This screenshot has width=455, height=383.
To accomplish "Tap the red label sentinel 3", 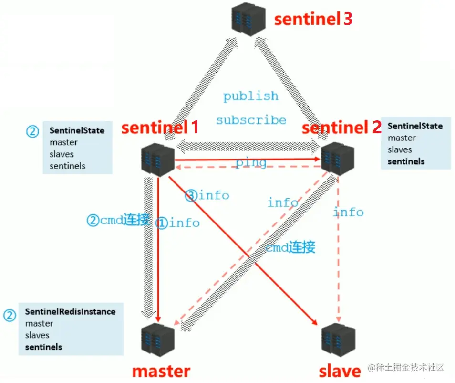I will point(313,19).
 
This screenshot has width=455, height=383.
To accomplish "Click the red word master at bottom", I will point(161,371).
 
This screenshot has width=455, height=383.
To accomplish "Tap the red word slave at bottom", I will point(340,371).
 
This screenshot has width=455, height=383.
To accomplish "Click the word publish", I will point(251,96).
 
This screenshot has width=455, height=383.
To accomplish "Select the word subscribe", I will point(251,120).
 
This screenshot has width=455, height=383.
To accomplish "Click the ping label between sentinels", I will point(251,163).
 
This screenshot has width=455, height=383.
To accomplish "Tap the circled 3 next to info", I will point(191,195).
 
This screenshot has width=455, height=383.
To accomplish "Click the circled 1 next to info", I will point(162,223).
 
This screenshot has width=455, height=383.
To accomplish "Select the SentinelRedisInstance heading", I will point(70,311).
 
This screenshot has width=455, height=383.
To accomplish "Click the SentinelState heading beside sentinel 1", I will point(77,130).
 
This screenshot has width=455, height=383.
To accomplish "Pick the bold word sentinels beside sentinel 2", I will point(406,161).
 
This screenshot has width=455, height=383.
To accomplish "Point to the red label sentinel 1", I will point(160,128).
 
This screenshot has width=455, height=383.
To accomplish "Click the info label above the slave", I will point(348,212).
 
